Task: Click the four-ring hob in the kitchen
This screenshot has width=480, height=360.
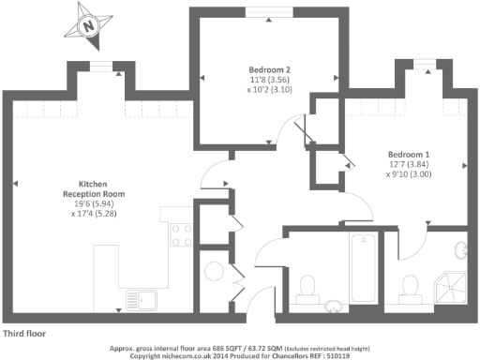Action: pyautogui.click(x=180, y=234)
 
